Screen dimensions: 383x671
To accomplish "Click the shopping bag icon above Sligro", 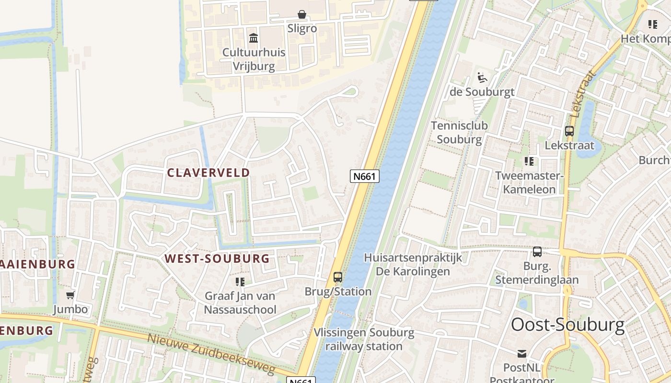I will coord(302,14).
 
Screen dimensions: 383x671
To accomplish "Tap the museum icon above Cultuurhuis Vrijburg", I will coord(254,38).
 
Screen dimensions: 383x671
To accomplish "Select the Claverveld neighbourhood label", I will coord(208,173).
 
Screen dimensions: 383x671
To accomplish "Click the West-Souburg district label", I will coord(217,259).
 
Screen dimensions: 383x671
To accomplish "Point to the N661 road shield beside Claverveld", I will coord(364,176).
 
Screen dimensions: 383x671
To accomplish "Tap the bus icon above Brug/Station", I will coord(338,277).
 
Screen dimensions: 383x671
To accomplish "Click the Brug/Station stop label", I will coord(338,292).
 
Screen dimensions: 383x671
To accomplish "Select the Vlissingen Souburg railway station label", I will coord(364,339).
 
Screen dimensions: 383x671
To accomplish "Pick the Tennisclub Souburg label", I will coord(459,133).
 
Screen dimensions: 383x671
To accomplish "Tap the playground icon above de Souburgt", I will coord(482,77).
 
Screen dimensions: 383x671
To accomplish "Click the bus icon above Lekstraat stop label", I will coord(569,131).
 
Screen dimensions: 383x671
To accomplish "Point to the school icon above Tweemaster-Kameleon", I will coord(529,161).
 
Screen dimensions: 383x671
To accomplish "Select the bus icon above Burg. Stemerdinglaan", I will coord(537,251).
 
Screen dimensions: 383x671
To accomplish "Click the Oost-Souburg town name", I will coord(567,325).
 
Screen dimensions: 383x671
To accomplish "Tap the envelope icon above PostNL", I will coord(522,354).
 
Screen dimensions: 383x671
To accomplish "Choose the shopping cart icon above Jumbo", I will coord(70,295).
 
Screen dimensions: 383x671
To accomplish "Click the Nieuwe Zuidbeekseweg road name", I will coord(211,354).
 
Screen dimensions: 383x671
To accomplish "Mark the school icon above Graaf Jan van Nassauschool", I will coord(240,282).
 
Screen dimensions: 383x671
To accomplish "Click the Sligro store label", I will coord(302,28).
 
